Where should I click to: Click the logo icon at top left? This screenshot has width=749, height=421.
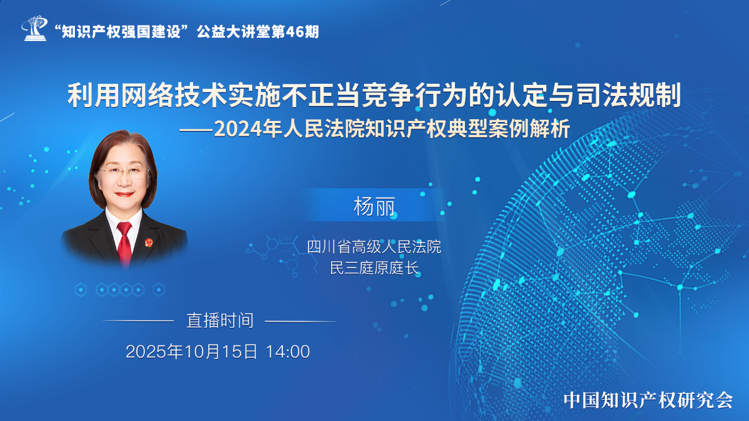34,28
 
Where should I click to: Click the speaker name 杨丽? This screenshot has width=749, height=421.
374,206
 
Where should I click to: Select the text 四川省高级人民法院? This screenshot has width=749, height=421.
374,247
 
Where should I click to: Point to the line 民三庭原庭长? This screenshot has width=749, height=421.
374,268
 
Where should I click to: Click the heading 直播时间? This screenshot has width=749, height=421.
220,321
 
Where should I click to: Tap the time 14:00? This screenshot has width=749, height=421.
288,352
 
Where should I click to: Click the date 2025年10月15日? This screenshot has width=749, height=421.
191,352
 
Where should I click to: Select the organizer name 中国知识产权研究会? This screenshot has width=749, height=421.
649,400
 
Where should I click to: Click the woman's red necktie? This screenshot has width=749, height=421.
124,244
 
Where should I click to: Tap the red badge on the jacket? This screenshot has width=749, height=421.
149,242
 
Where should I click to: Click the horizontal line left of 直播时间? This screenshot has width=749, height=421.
138,321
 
